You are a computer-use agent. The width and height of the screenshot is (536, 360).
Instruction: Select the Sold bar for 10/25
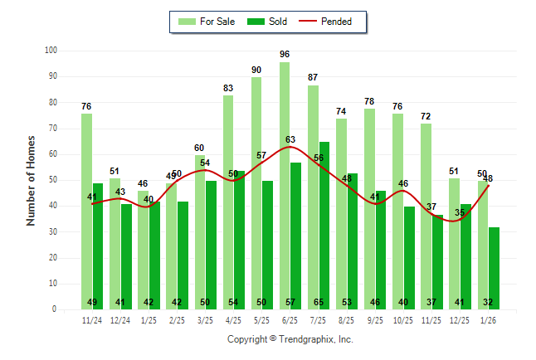pyautogui.click(x=409, y=258)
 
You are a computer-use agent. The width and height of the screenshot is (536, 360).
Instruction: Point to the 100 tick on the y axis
pyautogui.click(x=51, y=51)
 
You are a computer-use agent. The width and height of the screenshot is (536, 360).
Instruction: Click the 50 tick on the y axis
pyautogui.click(x=52, y=180)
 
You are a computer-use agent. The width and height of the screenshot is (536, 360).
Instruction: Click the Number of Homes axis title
pyautogui.click(x=32, y=180)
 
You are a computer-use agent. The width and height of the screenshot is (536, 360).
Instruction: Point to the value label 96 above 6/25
pyautogui.click(x=285, y=55)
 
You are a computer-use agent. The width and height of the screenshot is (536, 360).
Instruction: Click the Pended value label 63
pyautogui.click(x=290, y=140)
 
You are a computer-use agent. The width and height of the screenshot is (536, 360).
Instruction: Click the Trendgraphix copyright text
pyautogui.click(x=290, y=339)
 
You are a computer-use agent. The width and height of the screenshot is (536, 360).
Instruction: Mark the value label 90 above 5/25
pyautogui.click(x=256, y=70)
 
